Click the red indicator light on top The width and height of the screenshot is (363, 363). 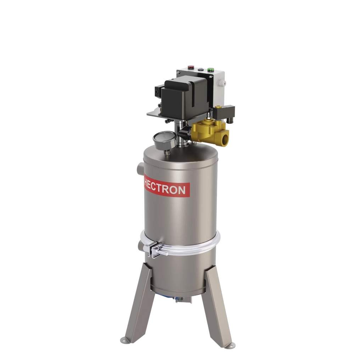tap(191, 67)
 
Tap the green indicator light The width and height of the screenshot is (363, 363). tap(211, 69)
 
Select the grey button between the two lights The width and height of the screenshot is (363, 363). tap(201, 69)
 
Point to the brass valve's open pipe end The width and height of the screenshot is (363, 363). tap(224, 138)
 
